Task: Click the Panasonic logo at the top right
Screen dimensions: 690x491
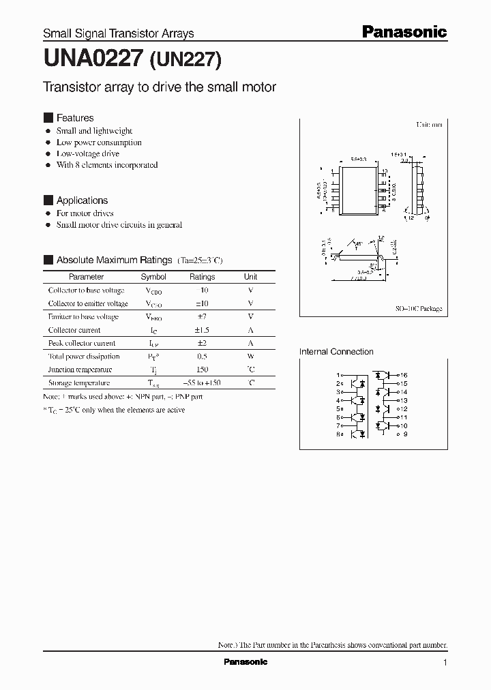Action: (404, 32)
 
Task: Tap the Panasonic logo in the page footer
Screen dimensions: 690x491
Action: (245, 662)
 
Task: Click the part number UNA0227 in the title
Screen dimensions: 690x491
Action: (93, 59)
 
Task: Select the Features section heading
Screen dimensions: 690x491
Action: (74, 118)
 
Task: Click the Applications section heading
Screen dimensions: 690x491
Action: (82, 200)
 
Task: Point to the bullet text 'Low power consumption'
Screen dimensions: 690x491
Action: (99, 142)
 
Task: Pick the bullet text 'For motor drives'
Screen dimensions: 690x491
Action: (85, 213)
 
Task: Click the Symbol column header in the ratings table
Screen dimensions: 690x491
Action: (153, 277)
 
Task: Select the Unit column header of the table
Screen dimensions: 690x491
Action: (251, 277)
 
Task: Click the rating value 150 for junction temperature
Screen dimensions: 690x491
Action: (202, 370)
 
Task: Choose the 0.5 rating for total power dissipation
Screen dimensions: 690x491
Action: (202, 357)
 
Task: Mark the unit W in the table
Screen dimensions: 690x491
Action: (251, 357)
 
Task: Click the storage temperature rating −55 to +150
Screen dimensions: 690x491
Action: (202, 383)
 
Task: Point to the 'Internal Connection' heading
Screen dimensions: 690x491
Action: (336, 352)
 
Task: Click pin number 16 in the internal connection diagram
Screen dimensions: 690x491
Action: (404, 376)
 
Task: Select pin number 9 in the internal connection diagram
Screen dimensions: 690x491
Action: (404, 434)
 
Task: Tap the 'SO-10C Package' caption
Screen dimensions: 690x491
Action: (419, 309)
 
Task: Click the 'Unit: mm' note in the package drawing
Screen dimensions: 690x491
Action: (430, 125)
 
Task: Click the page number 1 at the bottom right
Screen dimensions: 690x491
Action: (445, 663)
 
